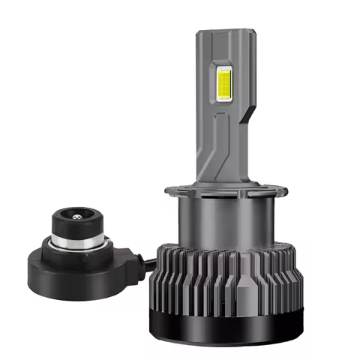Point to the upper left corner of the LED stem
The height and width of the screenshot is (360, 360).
click(199, 33)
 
